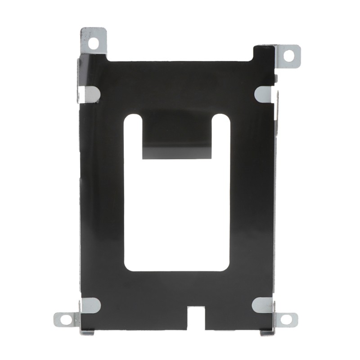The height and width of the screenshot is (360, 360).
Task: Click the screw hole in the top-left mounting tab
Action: pyautogui.click(x=94, y=43)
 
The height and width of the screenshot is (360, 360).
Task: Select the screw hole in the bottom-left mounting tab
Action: pyautogui.click(x=66, y=319)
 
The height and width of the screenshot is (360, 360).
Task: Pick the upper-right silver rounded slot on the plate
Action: pyautogui.click(x=264, y=93)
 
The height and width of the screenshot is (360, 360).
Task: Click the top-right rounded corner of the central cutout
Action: pyautogui.click(x=225, y=119)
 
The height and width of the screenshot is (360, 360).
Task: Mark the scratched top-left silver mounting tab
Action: pyautogui.click(x=93, y=38)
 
